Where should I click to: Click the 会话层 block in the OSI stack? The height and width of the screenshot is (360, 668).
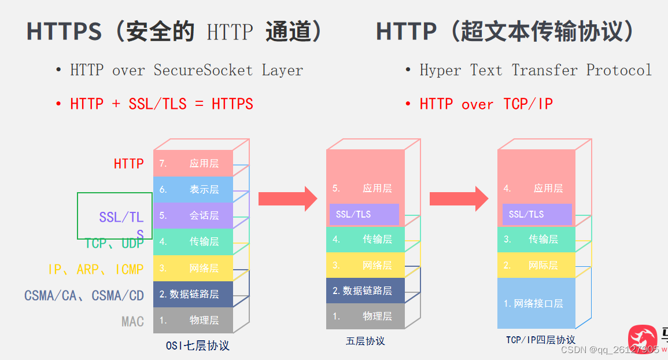click(x=193, y=215)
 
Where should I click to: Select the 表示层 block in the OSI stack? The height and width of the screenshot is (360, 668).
click(x=193, y=189)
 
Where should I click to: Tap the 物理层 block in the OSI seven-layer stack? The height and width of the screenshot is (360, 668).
click(x=193, y=320)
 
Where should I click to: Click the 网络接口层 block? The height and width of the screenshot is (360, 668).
click(x=536, y=303)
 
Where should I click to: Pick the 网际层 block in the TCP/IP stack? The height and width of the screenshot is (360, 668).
click(x=536, y=265)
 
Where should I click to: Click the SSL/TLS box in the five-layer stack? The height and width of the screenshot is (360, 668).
click(x=364, y=214)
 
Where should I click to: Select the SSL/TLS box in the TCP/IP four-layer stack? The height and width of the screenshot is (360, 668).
click(x=537, y=214)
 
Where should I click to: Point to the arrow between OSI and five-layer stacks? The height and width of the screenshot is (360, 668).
click(x=287, y=199)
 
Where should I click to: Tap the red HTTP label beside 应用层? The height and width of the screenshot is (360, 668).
click(x=128, y=164)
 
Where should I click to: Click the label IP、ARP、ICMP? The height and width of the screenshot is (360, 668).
click(x=96, y=269)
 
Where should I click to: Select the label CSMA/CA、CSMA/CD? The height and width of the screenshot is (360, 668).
click(x=84, y=296)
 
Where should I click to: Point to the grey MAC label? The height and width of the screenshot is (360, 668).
click(x=132, y=321)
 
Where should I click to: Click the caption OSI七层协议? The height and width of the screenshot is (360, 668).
click(x=197, y=346)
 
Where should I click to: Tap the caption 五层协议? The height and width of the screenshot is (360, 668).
click(x=366, y=341)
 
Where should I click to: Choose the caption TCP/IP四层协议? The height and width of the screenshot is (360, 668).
click(x=540, y=340)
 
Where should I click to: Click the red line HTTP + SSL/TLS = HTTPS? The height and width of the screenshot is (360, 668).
click(x=161, y=104)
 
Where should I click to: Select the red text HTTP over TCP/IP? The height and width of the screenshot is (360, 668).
click(x=486, y=104)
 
